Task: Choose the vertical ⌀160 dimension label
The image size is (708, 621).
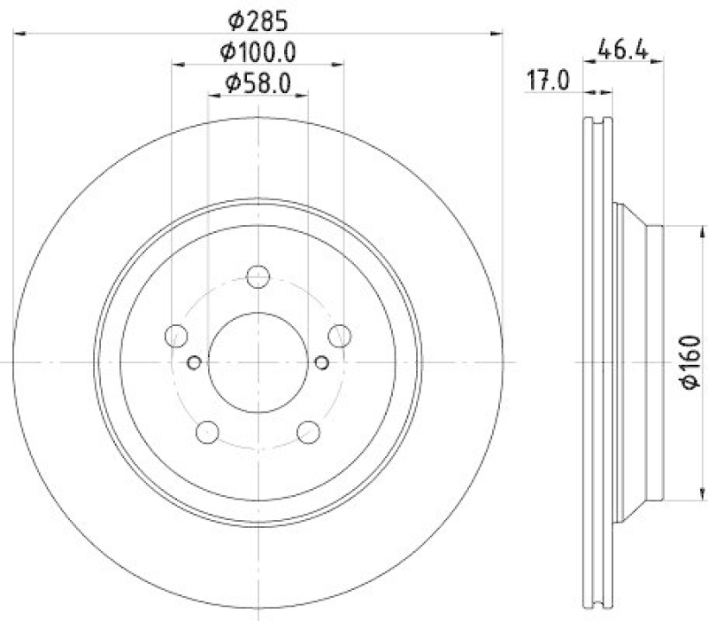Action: coord(691,361)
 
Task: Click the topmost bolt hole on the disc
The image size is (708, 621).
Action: coord(258,276)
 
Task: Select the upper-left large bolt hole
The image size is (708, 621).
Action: coord(177,336)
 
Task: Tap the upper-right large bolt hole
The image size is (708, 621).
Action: coord(339,335)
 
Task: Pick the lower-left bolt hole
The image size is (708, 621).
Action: coord(207,431)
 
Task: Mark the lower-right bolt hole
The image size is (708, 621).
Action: coord(309,431)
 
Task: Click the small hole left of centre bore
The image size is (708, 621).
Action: coord(196,361)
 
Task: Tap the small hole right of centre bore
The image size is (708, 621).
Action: coord(320,361)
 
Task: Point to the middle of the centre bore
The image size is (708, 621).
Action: coord(258,361)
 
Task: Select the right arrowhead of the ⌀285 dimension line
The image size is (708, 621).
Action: coord(496,34)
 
